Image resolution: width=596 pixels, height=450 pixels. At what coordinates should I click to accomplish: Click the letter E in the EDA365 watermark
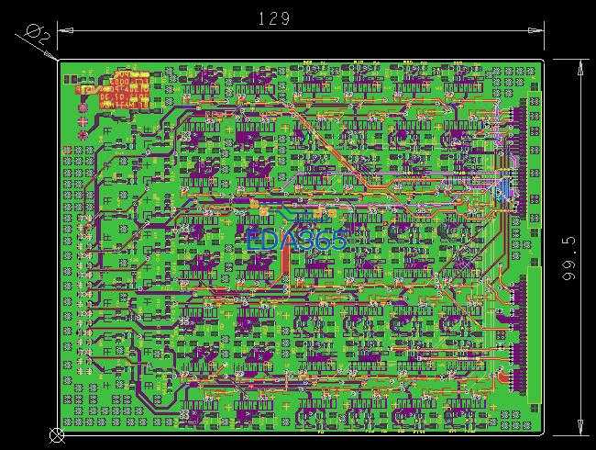tap(252, 241)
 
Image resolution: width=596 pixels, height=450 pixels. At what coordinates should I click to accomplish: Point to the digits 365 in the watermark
tap(326, 241)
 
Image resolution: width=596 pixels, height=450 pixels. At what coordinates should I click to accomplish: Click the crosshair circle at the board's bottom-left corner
tap(57, 434)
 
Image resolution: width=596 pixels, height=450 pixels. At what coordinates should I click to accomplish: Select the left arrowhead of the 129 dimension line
tap(62, 28)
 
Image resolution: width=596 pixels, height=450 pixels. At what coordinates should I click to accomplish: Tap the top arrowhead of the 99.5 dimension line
tap(580, 64)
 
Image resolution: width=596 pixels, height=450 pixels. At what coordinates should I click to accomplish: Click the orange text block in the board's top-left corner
tap(113, 90)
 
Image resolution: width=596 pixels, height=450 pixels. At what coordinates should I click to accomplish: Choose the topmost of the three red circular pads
tap(84, 106)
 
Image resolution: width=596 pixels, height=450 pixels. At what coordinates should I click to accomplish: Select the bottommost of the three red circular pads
tap(84, 136)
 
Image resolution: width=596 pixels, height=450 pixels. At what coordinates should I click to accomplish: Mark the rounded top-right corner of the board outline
tap(542, 62)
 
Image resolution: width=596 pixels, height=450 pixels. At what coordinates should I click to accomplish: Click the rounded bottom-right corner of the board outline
tap(542, 433)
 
